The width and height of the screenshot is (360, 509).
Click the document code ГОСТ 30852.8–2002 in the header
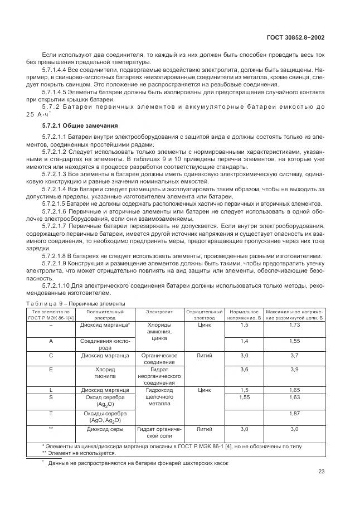pyautogui.click(x=294, y=37)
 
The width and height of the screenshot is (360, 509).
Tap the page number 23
pyautogui.click(x=321, y=471)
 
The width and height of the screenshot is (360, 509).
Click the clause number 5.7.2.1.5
pyautogui.click(x=55, y=203)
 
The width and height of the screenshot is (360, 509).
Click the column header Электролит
pyautogui.click(x=159, y=311)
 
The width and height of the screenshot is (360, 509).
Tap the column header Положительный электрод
pyautogui.click(x=105, y=314)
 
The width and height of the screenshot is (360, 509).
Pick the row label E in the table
pyautogui.click(x=51, y=369)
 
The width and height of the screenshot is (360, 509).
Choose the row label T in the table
pyautogui.click(x=51, y=413)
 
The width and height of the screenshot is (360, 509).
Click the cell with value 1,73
pyautogui.click(x=294, y=324)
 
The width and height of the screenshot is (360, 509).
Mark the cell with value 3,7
pyautogui.click(x=294, y=355)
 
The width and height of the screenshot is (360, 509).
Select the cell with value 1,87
pyautogui.click(x=294, y=413)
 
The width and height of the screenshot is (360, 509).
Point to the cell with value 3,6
pyautogui.click(x=244, y=369)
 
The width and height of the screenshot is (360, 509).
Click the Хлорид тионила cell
pyautogui.click(x=105, y=372)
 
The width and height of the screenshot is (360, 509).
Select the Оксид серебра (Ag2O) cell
pyautogui.click(x=105, y=401)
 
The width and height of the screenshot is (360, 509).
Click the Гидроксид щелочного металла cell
pyautogui.click(x=159, y=397)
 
